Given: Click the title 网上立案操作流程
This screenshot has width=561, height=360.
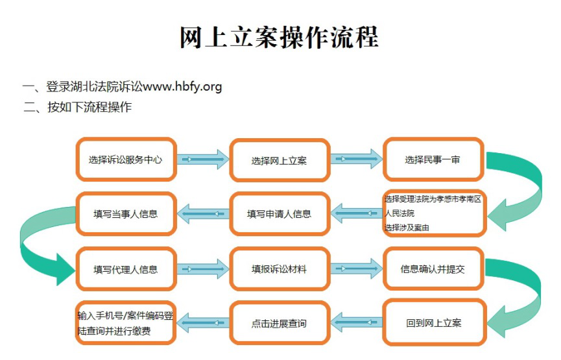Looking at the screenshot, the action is pyautogui.click(x=279, y=37).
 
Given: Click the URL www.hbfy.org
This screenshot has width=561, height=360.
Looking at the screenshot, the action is pyautogui.click(x=182, y=86).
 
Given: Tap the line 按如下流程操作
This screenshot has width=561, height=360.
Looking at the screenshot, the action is pyautogui.click(x=90, y=107).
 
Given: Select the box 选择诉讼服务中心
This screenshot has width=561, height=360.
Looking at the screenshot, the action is pyautogui.click(x=126, y=160).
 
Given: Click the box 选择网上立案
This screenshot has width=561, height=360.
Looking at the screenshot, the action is pyautogui.click(x=280, y=160).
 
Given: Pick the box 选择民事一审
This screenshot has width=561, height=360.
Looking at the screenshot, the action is pyautogui.click(x=433, y=160).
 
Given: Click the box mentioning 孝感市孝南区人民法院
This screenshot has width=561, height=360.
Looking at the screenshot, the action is pyautogui.click(x=434, y=213).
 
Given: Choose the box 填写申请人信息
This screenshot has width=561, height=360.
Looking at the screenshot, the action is pyautogui.click(x=280, y=214).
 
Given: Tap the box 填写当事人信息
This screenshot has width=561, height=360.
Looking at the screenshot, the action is pyautogui.click(x=126, y=214).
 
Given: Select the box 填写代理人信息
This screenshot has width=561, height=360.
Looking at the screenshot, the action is pyautogui.click(x=126, y=269).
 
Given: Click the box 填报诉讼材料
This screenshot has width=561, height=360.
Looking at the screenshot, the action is pyautogui.click(x=280, y=269).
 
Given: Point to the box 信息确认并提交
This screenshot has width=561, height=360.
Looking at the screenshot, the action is pyautogui.click(x=433, y=269).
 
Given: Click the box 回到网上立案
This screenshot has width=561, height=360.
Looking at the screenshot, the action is pyautogui.click(x=434, y=323).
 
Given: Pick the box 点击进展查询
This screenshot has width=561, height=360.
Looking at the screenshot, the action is pyautogui.click(x=280, y=324).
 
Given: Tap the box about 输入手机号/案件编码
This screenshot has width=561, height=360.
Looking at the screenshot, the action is pyautogui.click(x=126, y=323).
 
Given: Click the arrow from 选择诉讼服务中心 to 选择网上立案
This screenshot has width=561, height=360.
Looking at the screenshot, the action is pyautogui.click(x=203, y=159).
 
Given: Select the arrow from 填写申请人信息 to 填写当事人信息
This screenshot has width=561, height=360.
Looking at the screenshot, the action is pyautogui.click(x=203, y=213).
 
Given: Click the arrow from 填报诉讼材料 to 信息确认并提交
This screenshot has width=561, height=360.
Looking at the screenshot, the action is pyautogui.click(x=356, y=269).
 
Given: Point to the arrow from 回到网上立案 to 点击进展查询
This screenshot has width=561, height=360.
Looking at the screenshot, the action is pyautogui.click(x=356, y=322).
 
